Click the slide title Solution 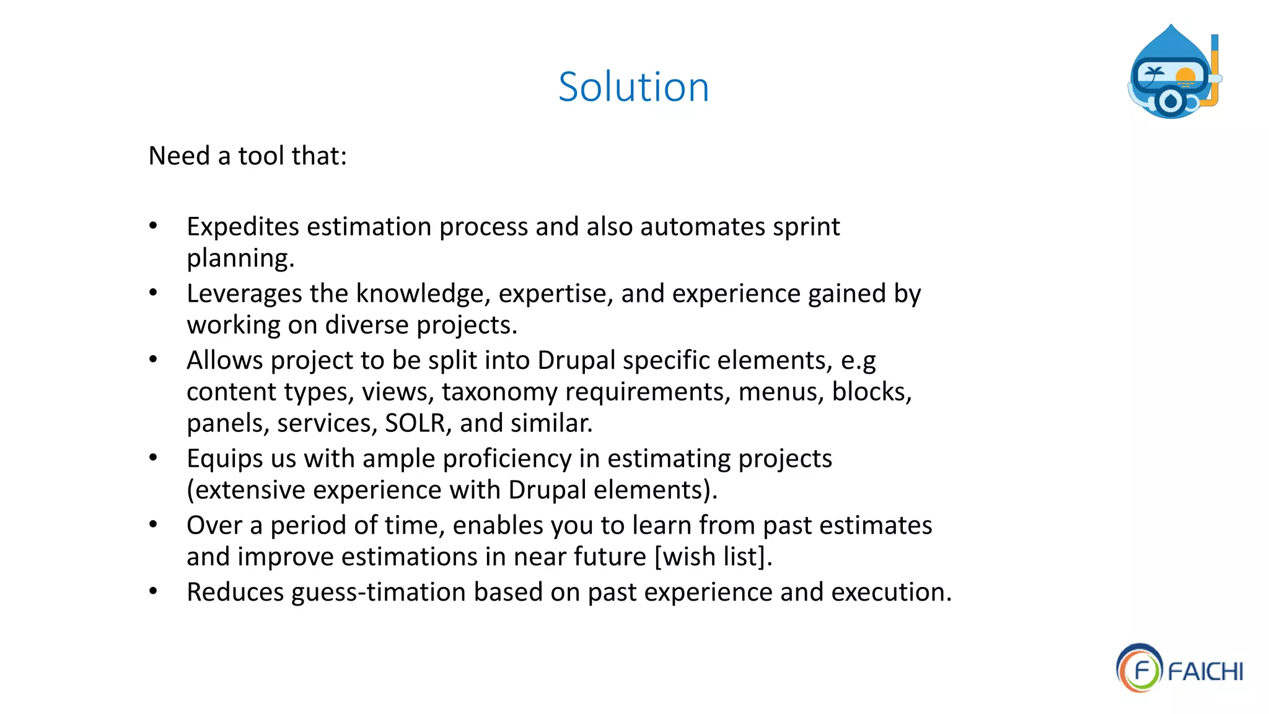point(633,87)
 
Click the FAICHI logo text point(1205,671)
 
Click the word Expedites point(243,227)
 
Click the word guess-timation point(379,592)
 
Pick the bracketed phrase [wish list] point(713,557)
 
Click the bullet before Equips point(153,458)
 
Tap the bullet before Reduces point(153,591)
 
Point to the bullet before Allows point(153,359)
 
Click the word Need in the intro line point(179,156)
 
